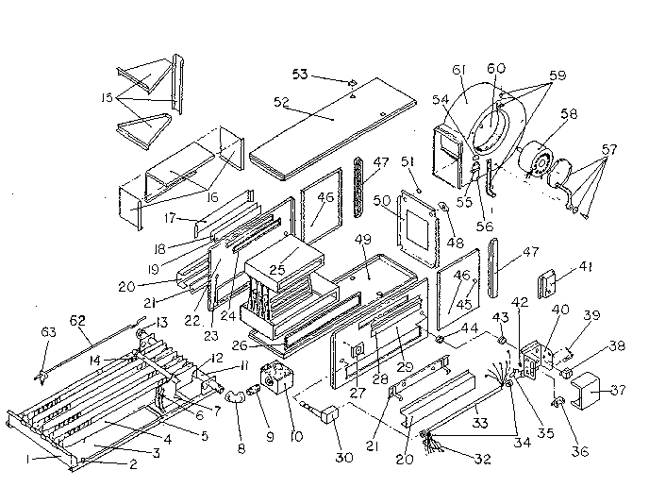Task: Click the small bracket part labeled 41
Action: point(549,281)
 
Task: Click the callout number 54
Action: point(440,99)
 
